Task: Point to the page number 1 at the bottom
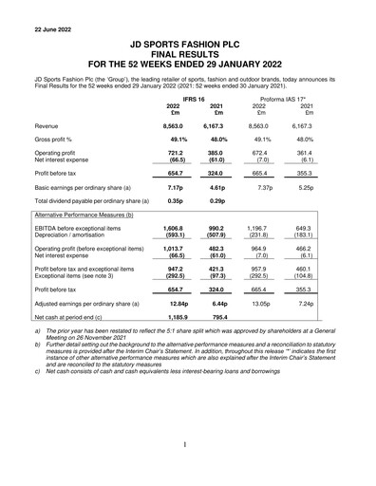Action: pyautogui.click(x=187, y=444)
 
